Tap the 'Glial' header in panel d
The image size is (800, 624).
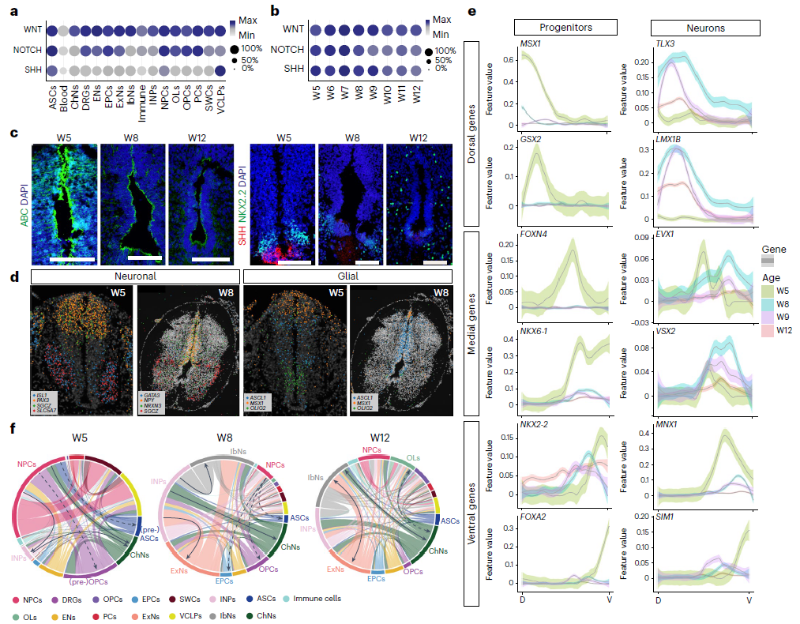tap(347, 276)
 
